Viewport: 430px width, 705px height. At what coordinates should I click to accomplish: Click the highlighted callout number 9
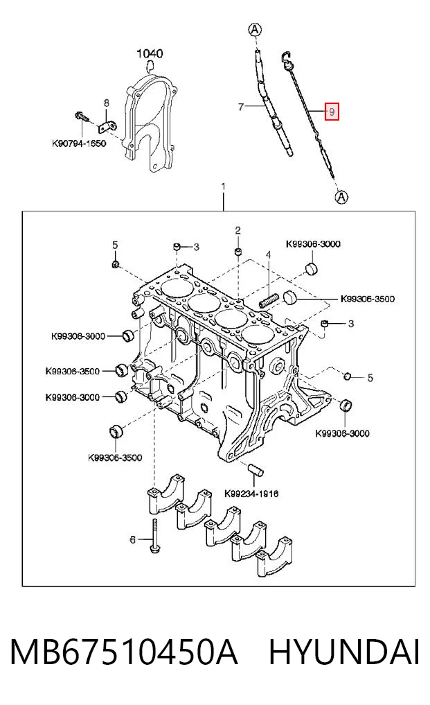click(332, 111)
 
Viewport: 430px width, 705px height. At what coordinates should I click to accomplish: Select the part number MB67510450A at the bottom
click(123, 652)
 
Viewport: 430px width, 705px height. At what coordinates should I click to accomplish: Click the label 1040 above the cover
click(150, 53)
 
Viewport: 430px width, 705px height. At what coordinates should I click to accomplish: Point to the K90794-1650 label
click(79, 144)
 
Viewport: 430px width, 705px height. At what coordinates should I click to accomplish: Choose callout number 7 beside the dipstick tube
click(241, 107)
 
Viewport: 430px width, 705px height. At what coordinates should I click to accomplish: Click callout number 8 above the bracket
click(107, 103)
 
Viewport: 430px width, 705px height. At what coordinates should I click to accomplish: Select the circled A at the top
click(255, 30)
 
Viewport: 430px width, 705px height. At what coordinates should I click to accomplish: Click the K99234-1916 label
click(251, 494)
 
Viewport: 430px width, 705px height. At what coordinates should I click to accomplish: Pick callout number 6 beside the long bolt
click(132, 539)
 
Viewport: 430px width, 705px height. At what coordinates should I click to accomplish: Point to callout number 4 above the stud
click(268, 255)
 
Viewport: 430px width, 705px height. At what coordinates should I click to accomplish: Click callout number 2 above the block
click(238, 231)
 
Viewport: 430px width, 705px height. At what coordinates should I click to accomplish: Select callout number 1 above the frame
click(224, 186)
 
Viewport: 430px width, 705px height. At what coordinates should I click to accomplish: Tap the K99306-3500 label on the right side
click(368, 299)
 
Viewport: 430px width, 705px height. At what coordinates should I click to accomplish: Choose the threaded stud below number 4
click(267, 300)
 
